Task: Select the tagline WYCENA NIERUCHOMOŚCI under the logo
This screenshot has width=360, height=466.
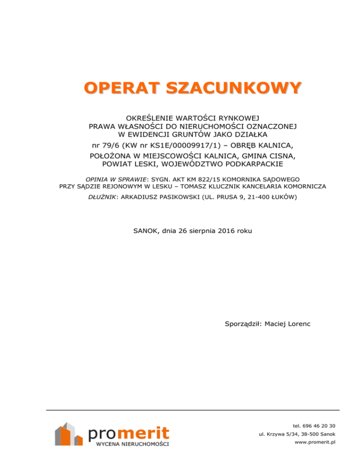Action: click(132, 444)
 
